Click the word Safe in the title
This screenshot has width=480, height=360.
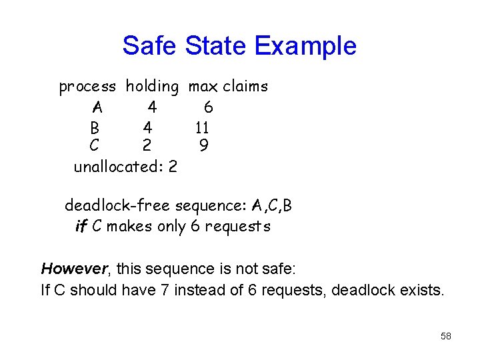pos(151,46)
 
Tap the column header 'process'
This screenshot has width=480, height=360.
pos(87,87)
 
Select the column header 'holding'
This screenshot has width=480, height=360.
pos(152,87)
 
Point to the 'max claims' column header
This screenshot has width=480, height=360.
pos(228,87)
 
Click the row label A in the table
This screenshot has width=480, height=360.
pos(97,107)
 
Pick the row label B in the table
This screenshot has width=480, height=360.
pos(95,127)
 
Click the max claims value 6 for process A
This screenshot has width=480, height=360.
pos(208,107)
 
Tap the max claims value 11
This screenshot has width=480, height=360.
pos(203,127)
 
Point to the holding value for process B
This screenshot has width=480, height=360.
pos(147,127)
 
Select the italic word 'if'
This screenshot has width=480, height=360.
pos(81,226)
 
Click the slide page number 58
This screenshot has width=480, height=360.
pos(446,336)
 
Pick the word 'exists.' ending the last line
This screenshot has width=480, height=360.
pos(421,290)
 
